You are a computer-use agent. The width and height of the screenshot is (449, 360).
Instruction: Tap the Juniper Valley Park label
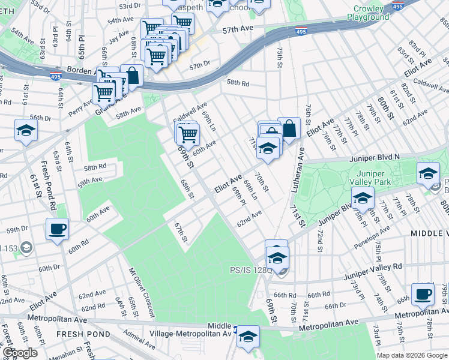(x=370, y=177)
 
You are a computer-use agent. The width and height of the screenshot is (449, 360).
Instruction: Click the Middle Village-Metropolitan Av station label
(x=219, y=329)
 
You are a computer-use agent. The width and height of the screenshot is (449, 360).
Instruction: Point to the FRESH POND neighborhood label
(x=74, y=333)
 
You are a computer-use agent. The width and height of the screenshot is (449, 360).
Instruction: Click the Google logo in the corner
(x=20, y=353)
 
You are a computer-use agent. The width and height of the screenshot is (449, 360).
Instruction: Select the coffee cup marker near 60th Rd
(x=58, y=229)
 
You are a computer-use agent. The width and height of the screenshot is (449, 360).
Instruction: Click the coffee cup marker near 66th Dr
(x=424, y=294)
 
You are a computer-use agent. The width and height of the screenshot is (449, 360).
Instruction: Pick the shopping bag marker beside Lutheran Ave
(x=289, y=128)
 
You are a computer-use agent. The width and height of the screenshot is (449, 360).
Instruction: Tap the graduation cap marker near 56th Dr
(x=26, y=131)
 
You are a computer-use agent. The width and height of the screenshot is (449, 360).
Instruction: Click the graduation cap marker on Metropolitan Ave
(x=248, y=337)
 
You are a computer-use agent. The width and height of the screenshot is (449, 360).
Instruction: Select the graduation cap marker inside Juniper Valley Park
(x=363, y=197)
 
